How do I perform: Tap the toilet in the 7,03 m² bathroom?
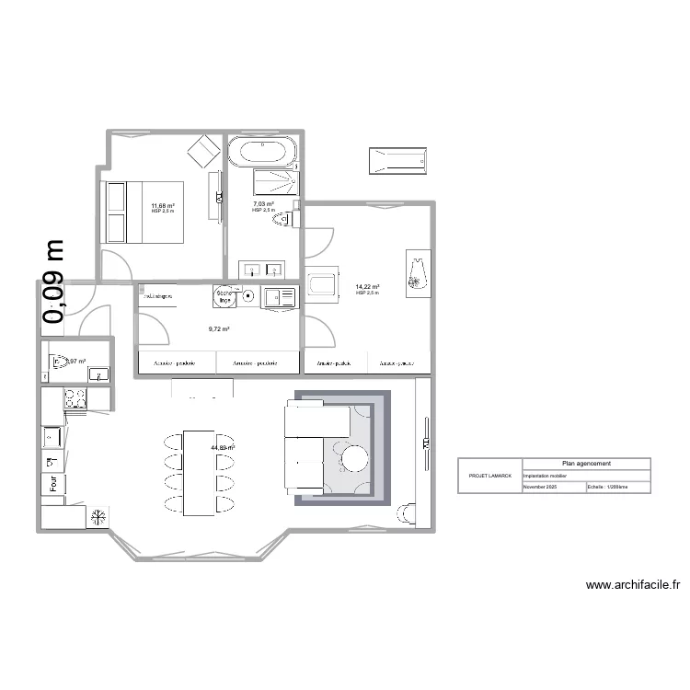tap(289, 219)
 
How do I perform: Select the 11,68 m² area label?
tap(163, 205)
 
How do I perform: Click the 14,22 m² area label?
tap(367, 287)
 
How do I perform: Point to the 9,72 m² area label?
tap(218, 328)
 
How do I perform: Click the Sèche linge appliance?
tap(225, 296)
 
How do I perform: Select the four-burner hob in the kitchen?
tap(74, 398)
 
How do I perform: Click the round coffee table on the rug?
tap(354, 457)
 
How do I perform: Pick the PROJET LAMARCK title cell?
tap(489, 476)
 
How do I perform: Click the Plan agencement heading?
tap(586, 464)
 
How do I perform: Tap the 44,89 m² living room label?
tap(223, 448)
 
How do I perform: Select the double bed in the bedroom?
tap(144, 212)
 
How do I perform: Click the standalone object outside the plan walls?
tap(397, 160)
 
